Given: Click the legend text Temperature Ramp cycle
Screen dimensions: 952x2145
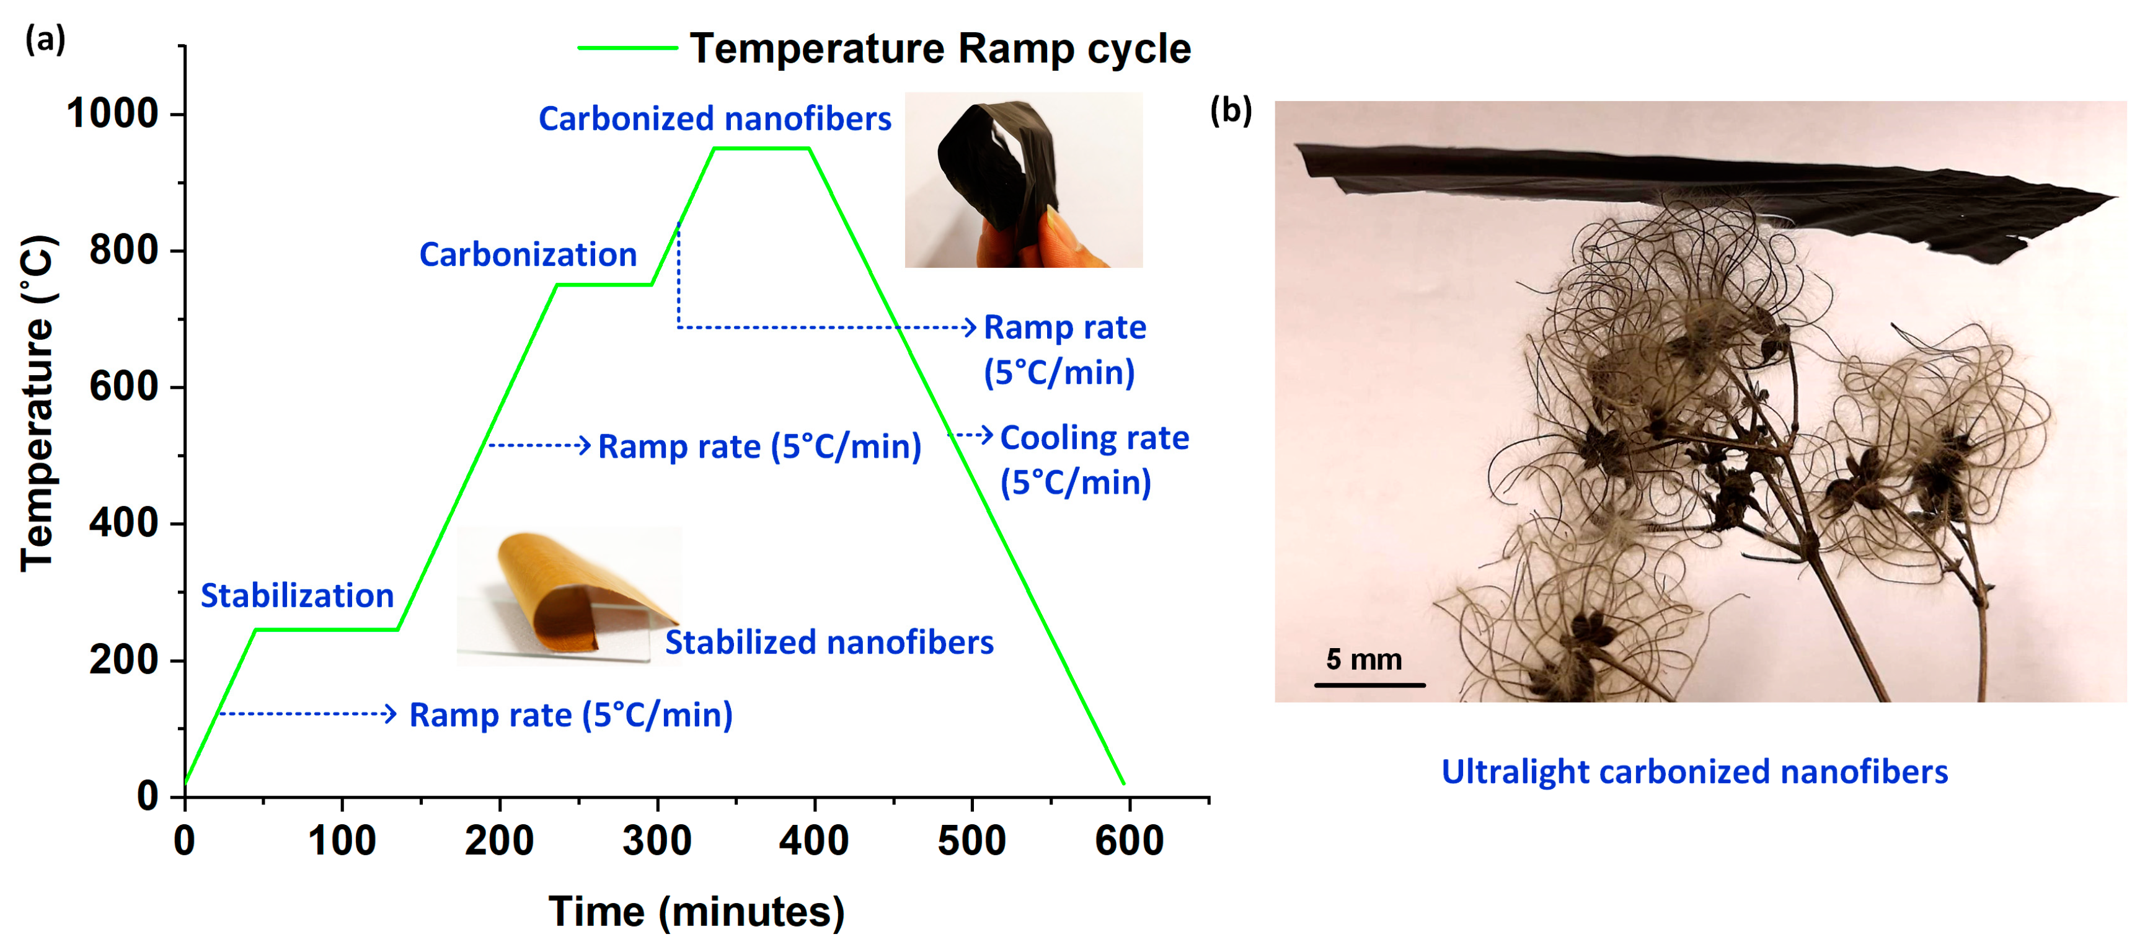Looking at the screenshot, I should coord(940,48).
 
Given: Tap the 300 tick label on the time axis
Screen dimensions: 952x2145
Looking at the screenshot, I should coord(657,841).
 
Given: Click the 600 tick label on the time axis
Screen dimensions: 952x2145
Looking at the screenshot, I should coord(1128,841).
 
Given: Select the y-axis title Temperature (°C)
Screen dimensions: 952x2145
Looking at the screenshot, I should coord(37,404).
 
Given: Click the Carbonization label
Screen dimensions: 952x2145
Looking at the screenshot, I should coord(528,255).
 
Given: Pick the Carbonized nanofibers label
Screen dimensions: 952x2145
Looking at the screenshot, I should coord(714,119).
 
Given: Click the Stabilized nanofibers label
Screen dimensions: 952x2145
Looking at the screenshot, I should coord(828,642).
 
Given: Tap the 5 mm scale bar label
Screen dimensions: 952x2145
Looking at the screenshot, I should coord(1363,660).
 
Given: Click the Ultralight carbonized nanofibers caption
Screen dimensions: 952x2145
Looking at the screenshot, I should coord(1694,772).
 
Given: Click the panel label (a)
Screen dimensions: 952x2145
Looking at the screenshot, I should coord(45,38).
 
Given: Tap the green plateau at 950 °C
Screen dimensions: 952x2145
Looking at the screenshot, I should coord(760,148).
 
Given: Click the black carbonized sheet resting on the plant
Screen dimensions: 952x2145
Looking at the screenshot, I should coord(1707,187).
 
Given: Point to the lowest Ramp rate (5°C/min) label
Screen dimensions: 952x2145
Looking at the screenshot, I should coord(570,714).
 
